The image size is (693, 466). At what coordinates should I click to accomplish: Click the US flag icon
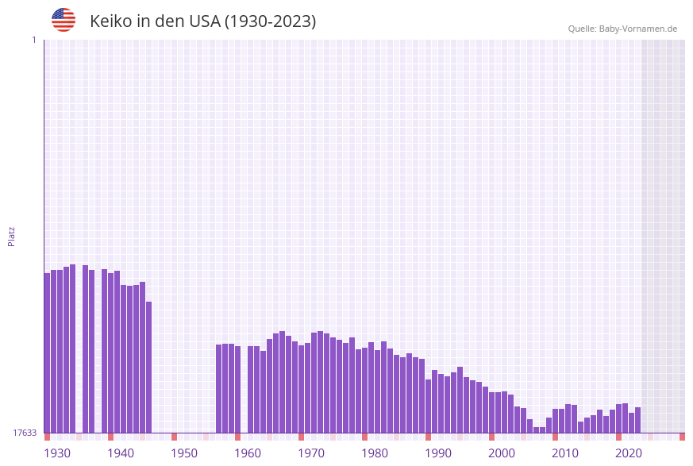(64, 20)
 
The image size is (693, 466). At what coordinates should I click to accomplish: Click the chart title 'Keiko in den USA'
(202, 21)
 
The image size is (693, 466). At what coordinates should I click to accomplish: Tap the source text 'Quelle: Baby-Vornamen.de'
(622, 29)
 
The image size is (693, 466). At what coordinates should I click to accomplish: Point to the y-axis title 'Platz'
(12, 236)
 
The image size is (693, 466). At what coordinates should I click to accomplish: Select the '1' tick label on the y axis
(33, 40)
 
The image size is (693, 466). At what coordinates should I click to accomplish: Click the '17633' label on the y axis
(24, 433)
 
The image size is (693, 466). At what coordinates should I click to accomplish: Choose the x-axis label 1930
(57, 453)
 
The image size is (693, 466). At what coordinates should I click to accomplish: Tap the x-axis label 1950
(184, 453)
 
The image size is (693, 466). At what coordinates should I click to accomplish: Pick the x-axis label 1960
(248, 453)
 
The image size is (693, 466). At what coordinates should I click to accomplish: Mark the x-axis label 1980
(375, 453)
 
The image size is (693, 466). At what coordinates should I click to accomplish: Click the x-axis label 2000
(502, 453)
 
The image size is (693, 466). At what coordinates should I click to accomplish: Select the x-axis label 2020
(629, 453)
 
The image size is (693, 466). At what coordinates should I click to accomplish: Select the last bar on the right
(637, 420)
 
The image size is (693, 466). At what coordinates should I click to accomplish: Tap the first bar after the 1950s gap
(219, 388)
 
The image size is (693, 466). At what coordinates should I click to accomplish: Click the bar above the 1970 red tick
(302, 389)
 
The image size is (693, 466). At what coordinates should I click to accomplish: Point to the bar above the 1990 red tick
(429, 406)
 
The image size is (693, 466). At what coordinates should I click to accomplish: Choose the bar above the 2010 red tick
(556, 421)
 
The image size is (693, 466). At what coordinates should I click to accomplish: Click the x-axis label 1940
(121, 453)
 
